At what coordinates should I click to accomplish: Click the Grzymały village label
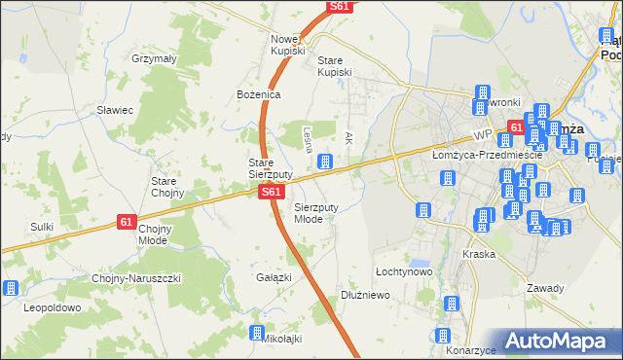point(154,58)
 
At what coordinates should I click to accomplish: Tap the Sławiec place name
point(114,109)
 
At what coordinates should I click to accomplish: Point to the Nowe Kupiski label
point(288,44)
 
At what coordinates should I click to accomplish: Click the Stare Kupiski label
point(337,65)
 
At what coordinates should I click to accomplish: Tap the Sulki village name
point(41,226)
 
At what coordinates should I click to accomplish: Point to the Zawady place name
point(545,287)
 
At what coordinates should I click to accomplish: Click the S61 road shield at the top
point(339,6)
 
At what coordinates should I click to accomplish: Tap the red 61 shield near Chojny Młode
point(127,222)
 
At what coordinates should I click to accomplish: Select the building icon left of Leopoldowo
point(12,288)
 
